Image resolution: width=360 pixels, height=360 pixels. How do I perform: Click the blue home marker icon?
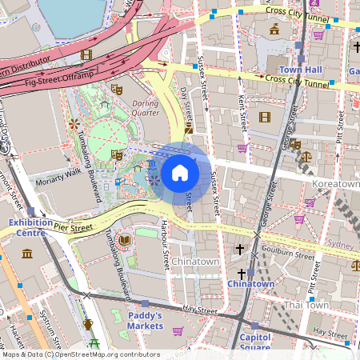coord(180,172)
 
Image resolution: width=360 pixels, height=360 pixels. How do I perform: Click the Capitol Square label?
coord(255,342)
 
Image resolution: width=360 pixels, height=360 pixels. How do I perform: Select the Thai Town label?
coord(307,305)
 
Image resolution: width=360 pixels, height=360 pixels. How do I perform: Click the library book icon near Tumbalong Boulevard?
coord(124,240)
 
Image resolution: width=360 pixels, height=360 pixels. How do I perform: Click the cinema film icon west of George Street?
coord(265,117)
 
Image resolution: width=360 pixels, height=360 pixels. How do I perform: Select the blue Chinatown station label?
coord(251,283)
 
